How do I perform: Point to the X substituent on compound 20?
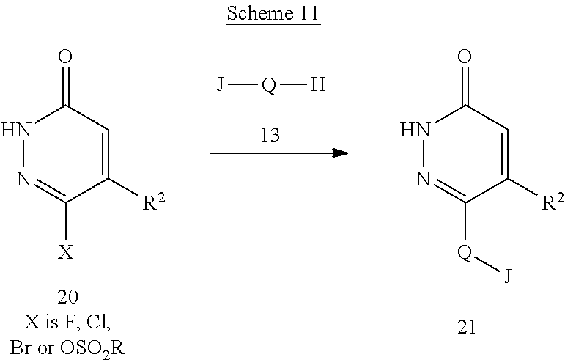tap(66, 253)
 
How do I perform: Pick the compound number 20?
tap(66, 295)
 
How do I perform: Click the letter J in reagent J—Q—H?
tap(220, 85)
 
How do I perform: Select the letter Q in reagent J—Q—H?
tap(268, 86)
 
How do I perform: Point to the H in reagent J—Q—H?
tap(317, 85)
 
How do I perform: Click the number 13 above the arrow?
tap(268, 134)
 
